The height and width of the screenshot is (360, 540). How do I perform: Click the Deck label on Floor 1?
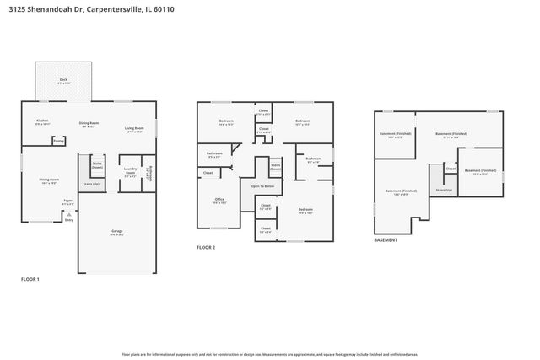[63, 81]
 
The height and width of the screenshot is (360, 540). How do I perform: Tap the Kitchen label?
[42, 121]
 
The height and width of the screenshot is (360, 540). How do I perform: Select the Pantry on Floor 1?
[58, 141]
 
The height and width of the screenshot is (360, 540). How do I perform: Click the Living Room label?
[135, 128]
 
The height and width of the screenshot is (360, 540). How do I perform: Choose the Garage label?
[117, 231]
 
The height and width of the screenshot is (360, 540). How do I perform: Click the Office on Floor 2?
[219, 201]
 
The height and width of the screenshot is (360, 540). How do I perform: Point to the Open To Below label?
[262, 186]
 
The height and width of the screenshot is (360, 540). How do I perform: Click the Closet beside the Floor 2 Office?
[208, 173]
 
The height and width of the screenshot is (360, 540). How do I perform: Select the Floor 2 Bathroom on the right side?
[313, 159]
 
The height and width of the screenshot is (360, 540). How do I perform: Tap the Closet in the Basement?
[451, 168]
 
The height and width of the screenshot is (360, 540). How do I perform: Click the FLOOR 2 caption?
[206, 248]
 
